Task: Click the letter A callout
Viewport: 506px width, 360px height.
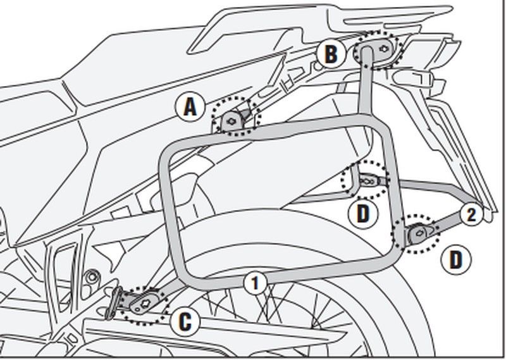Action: (190, 107)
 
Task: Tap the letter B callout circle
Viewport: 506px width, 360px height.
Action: (331, 54)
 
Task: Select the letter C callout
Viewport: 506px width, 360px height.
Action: (185, 321)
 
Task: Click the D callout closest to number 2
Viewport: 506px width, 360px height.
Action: (456, 259)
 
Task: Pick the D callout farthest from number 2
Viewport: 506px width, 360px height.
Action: (363, 213)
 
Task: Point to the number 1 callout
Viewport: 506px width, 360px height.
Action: (256, 283)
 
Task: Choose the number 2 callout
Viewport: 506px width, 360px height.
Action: (471, 214)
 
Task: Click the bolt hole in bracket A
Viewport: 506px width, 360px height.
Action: (231, 121)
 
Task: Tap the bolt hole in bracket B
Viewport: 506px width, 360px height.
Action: (384, 49)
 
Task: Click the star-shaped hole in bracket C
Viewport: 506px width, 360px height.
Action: (146, 302)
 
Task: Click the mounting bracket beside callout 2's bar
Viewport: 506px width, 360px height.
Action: (421, 232)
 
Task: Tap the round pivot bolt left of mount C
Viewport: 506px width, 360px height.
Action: (91, 276)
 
